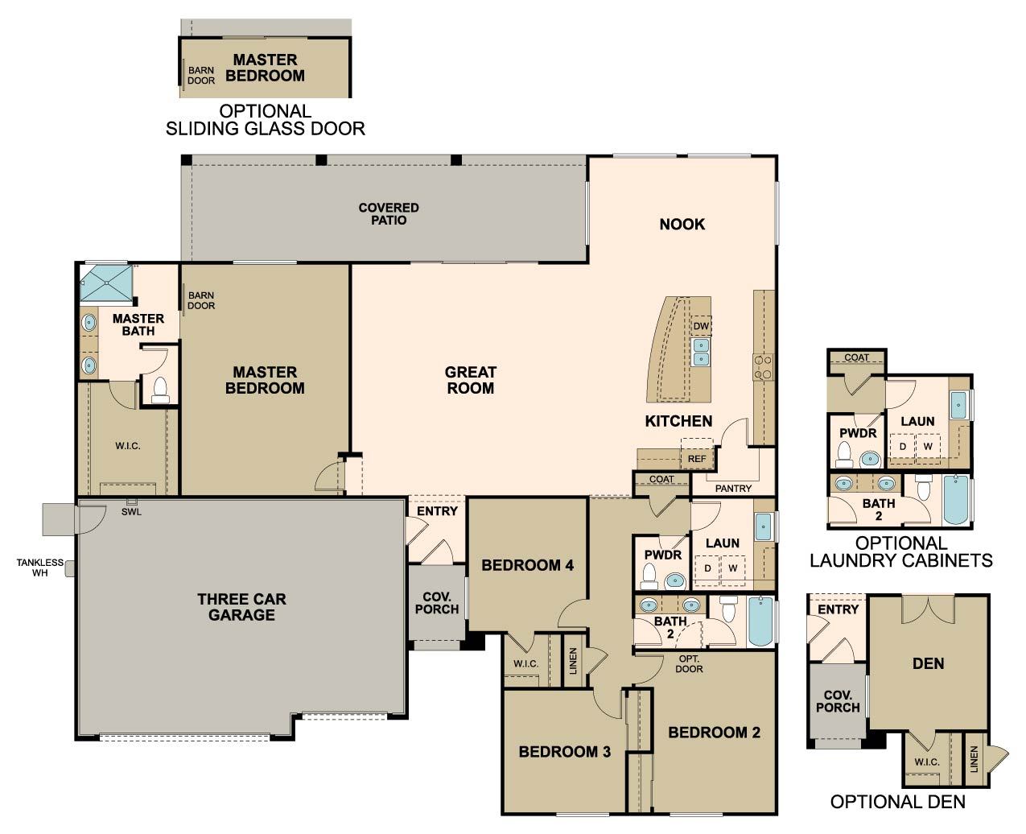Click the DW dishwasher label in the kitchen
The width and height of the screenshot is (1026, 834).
(700, 326)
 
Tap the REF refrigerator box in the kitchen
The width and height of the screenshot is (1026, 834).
(697, 453)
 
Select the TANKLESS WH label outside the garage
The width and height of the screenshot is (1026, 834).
(40, 568)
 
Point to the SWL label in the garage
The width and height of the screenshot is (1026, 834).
(131, 512)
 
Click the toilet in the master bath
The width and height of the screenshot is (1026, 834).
(160, 390)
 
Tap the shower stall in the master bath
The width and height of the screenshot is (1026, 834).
(106, 283)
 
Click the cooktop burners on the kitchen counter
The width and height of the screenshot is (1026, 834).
(763, 366)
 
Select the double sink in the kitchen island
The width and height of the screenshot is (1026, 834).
(701, 352)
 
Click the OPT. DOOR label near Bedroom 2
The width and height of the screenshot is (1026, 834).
(689, 664)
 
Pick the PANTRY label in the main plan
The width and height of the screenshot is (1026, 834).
(733, 489)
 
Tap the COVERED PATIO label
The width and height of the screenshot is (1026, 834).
(389, 214)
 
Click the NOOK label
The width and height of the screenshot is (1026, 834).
(682, 224)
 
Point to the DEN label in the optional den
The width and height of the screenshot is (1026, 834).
(928, 663)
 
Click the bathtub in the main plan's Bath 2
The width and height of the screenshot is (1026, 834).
(761, 621)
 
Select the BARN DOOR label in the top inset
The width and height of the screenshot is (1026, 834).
(201, 76)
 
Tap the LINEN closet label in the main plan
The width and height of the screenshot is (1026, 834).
(573, 661)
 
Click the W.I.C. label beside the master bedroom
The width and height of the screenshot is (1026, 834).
(128, 446)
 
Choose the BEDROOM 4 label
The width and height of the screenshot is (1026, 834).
(527, 565)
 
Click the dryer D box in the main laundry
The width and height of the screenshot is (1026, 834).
(707, 568)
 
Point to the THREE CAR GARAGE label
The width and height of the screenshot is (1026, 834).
(241, 607)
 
